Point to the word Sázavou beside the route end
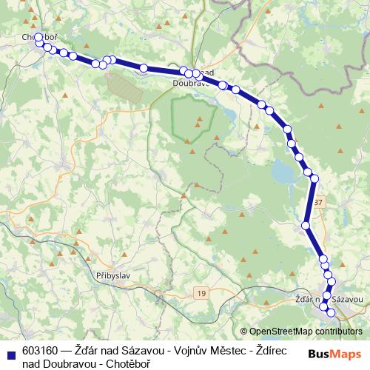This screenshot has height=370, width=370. (x=347, y=299)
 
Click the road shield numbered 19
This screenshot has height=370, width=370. (x=202, y=294)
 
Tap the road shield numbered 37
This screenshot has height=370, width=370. (x=318, y=201)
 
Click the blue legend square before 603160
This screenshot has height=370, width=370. (x=10, y=352)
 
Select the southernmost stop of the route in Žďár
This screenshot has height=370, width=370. (x=331, y=313)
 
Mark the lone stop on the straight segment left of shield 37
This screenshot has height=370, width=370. (x=306, y=224)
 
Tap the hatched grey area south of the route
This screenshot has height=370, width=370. (x=124, y=85)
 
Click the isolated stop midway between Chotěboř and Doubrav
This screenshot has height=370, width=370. (x=144, y=68)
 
